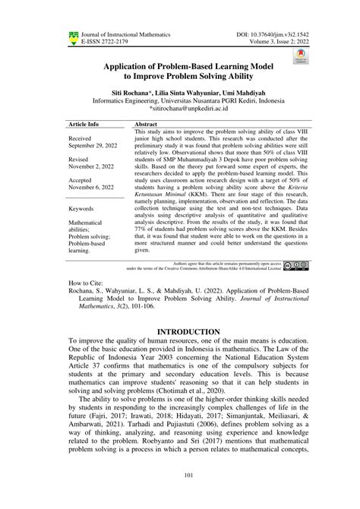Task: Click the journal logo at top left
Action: pos(73,36)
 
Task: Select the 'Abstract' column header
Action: pos(145,122)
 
